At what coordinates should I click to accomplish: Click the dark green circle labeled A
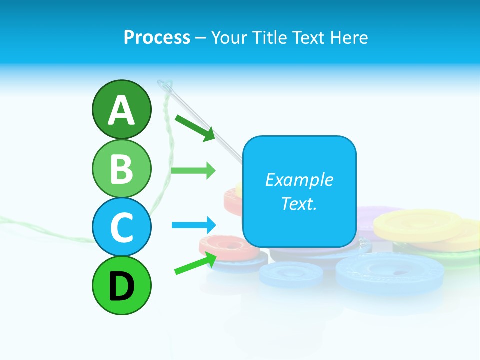click(121, 109)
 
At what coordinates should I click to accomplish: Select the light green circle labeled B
click(121, 168)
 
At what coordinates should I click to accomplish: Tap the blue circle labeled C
click(121, 227)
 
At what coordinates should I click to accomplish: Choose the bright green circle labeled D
click(121, 285)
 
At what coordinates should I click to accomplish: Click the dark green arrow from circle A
click(195, 128)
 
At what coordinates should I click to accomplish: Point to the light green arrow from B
click(193, 170)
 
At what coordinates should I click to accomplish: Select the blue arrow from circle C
click(194, 225)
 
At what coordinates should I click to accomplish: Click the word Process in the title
click(157, 37)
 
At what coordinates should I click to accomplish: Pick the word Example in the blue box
click(299, 180)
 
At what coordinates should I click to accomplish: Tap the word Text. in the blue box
click(299, 203)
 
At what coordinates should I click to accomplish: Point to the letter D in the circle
click(121, 286)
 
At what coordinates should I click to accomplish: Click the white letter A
click(121, 110)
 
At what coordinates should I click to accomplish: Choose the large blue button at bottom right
click(390, 272)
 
